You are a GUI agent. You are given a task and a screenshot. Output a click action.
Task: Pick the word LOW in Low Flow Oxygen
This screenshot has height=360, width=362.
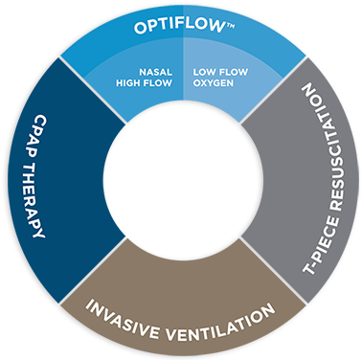tap(203, 71)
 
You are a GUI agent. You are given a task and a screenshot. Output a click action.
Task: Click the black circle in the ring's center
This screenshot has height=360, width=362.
tap(181, 179)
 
